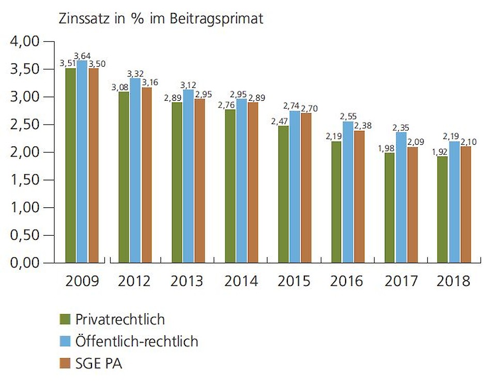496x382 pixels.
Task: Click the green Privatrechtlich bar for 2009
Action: (71, 165)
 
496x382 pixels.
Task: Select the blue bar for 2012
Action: (135, 171)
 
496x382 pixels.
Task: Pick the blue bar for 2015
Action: (295, 187)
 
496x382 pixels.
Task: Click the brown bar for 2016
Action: (359, 196)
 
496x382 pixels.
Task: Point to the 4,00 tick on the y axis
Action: (25, 41)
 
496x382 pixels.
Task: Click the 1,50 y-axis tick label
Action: (25, 180)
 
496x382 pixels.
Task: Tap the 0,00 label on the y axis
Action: (25, 263)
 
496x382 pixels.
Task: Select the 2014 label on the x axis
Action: (242, 281)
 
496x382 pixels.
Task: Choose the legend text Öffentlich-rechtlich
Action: (136, 341)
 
